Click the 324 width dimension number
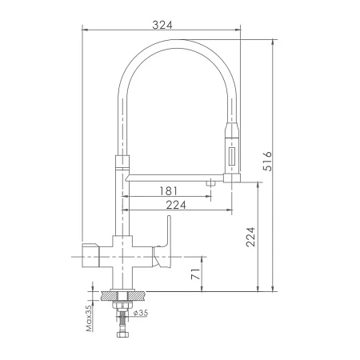(x=162, y=25)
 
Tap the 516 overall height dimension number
(x=267, y=161)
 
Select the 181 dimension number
(x=168, y=191)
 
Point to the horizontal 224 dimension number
(x=176, y=205)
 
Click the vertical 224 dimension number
(x=250, y=237)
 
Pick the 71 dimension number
(x=196, y=274)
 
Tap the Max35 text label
(x=89, y=318)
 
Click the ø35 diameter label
(x=141, y=313)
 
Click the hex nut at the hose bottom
(x=122, y=334)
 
